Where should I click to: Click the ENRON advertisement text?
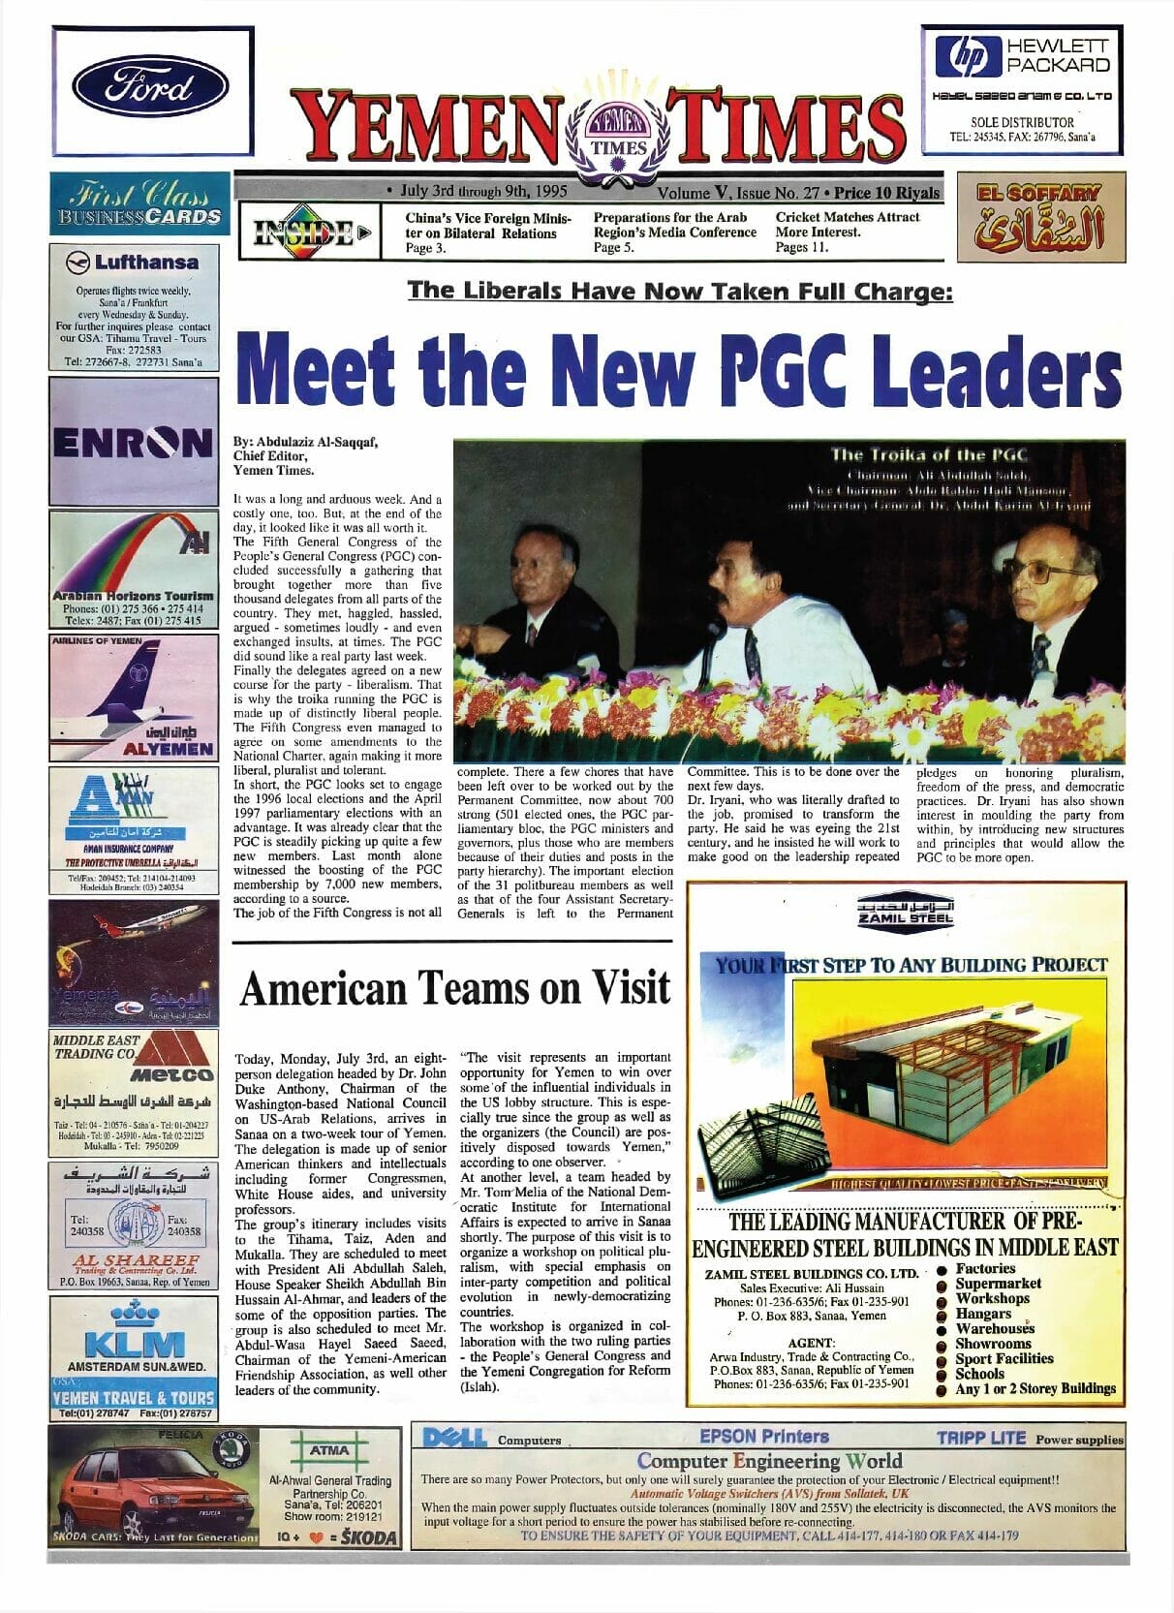click(x=133, y=444)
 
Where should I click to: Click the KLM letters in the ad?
click(x=134, y=1345)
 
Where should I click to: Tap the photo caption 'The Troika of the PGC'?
click(x=929, y=454)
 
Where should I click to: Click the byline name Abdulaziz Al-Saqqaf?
click(x=305, y=442)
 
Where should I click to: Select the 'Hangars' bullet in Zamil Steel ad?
click(x=983, y=1314)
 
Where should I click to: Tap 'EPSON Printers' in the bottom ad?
click(x=763, y=1436)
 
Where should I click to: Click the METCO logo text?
click(x=172, y=1075)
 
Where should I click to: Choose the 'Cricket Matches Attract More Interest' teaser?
click(x=848, y=225)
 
